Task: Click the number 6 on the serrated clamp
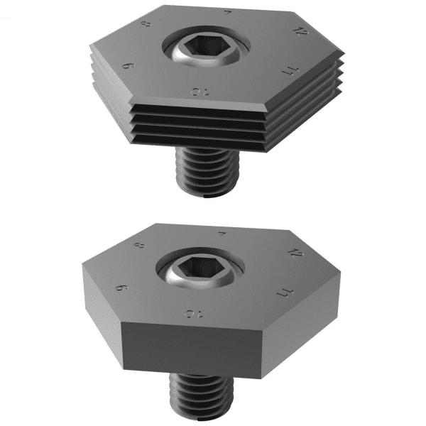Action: coord(129,65)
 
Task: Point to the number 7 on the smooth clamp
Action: coord(224,233)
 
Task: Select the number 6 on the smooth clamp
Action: coord(121,288)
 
